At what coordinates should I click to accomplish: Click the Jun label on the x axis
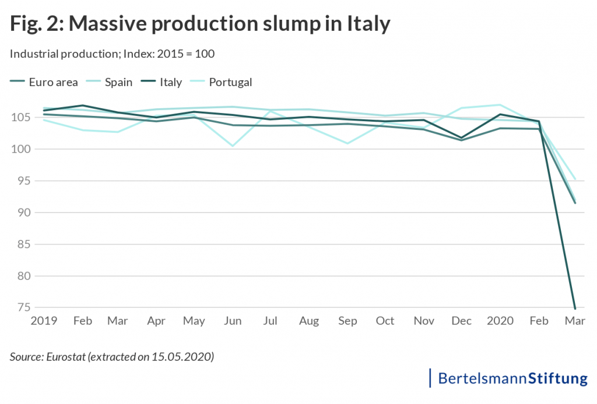(233, 321)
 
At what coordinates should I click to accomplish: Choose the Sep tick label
(347, 321)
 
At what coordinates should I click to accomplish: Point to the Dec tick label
(462, 321)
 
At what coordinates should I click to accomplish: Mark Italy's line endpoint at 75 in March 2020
(575, 309)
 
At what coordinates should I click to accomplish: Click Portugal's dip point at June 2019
(233, 146)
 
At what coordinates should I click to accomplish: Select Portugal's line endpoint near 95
(575, 179)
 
